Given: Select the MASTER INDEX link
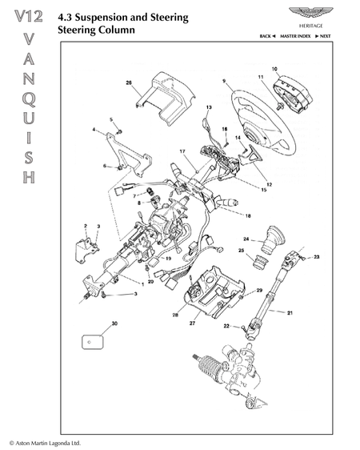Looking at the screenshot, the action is point(295,36).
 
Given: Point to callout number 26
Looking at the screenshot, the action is point(129,83).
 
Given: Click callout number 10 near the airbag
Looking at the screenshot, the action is point(274,69).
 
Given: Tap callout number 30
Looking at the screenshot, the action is point(114,323).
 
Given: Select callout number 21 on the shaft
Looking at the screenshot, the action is point(290,313).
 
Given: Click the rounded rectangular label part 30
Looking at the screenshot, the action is point(92,342).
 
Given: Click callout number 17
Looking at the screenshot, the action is point(182,151).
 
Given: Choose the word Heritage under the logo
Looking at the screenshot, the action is point(311,26).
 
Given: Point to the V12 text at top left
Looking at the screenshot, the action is point(29,16).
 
